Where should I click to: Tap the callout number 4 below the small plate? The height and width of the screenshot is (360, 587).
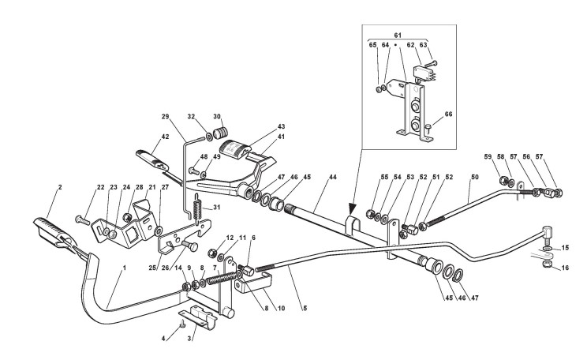[x=164, y=339]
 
